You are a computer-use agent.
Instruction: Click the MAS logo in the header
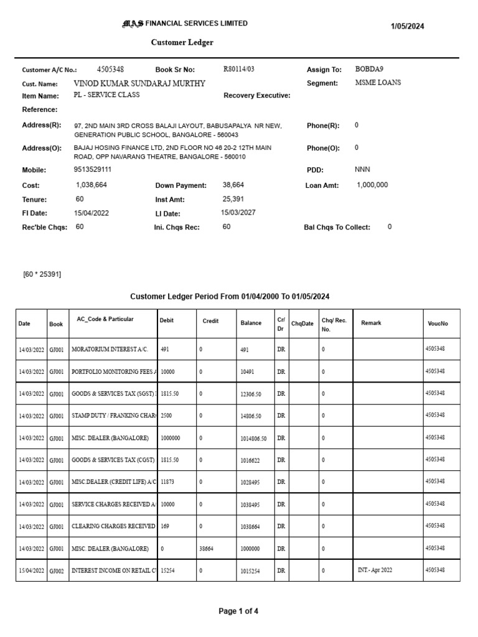[133, 24]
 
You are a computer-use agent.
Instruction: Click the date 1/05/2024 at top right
[407, 26]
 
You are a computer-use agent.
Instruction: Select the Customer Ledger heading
[182, 42]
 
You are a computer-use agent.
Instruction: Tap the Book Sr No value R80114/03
[239, 69]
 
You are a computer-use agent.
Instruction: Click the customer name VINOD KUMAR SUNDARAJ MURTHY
[139, 83]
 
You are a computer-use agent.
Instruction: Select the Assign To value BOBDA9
[374, 69]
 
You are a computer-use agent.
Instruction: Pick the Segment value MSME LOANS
[378, 82]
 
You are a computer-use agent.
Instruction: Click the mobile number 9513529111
[93, 169]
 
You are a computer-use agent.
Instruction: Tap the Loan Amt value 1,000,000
[372, 185]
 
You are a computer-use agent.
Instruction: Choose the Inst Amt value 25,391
[233, 199]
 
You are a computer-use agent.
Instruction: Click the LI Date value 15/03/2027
[238, 212]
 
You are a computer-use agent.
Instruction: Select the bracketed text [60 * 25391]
[42, 274]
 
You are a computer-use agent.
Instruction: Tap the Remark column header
[371, 323]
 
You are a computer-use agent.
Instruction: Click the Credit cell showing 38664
[206, 549]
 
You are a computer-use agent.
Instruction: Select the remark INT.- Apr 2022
[375, 570]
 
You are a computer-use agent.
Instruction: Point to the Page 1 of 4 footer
[238, 611]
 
